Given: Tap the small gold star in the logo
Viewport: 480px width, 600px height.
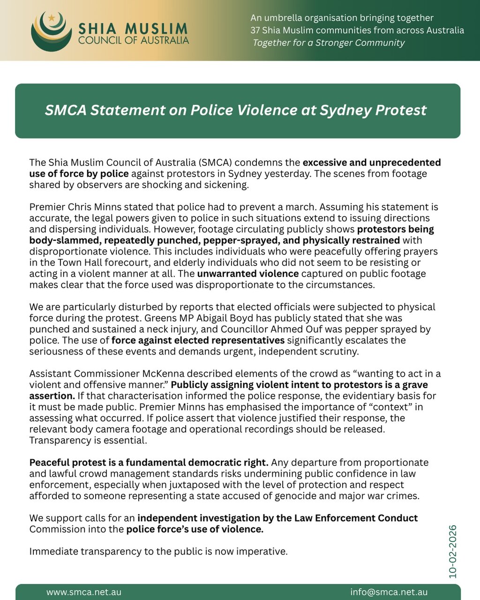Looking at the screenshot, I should tap(52, 18).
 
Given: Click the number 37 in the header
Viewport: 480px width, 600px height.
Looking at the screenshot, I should tap(255, 30).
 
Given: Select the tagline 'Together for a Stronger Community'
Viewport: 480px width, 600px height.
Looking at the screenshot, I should tap(329, 43).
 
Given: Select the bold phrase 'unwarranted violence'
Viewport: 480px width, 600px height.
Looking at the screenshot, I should tap(248, 274).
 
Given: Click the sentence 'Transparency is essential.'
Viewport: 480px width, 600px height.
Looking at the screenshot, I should tap(88, 441).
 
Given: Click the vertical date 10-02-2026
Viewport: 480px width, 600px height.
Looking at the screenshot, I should tap(452, 552).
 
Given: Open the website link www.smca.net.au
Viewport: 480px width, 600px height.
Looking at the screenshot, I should tap(84, 592).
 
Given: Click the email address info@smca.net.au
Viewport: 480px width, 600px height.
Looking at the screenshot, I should tap(389, 592).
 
